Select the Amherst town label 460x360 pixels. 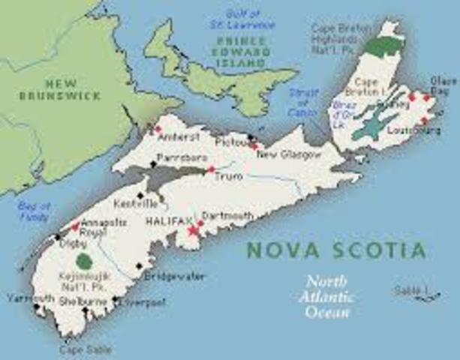180,138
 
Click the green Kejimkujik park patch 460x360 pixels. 88,262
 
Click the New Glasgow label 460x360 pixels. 289,154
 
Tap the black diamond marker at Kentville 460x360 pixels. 140,195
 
